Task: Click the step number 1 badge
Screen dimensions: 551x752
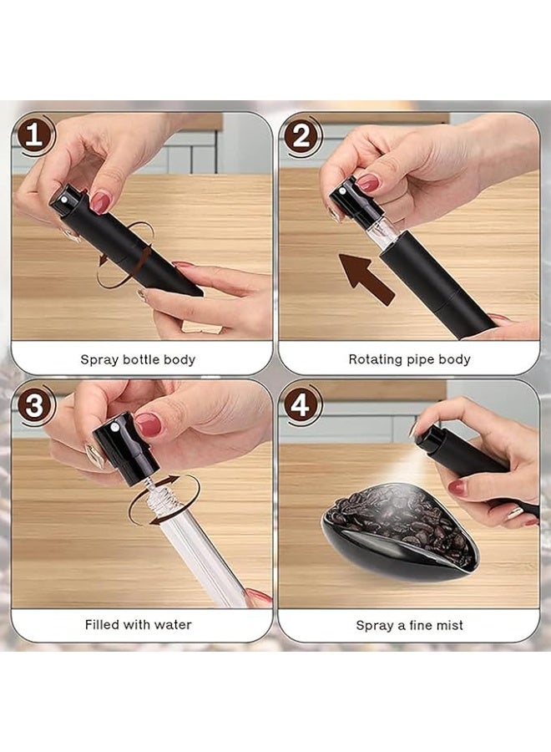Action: pos(34,135)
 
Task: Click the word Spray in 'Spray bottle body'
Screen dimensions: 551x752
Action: pos(98,359)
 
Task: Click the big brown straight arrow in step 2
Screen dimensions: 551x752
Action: pos(366,277)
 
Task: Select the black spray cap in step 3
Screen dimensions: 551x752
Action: pos(125,446)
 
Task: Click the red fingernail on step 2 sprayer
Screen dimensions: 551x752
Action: pos(368,183)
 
